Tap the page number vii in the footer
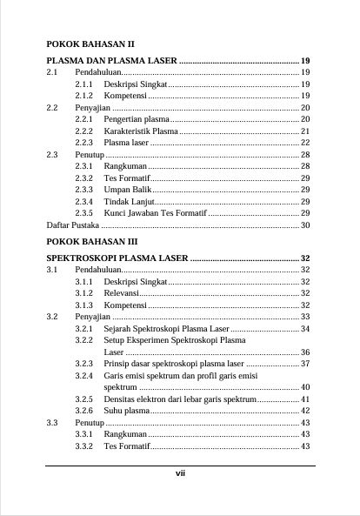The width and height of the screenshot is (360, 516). point(180,474)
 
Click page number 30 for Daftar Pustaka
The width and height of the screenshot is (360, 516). point(305,224)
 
